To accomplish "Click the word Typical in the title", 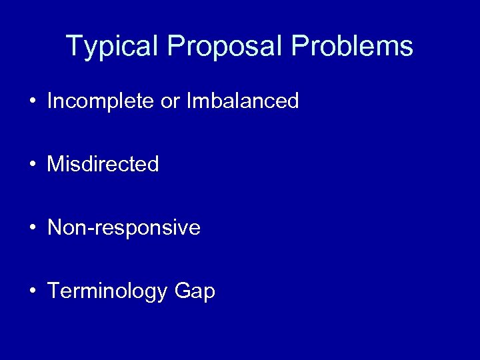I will [x=114, y=47].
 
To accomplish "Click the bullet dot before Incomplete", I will [x=31, y=102].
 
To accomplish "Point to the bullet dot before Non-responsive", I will [x=31, y=229].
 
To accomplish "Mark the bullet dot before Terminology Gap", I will [x=31, y=292].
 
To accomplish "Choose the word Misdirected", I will [x=103, y=165].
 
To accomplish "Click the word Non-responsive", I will [x=124, y=228].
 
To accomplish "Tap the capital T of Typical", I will [x=74, y=46].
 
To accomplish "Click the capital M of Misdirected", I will [x=55, y=165].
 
